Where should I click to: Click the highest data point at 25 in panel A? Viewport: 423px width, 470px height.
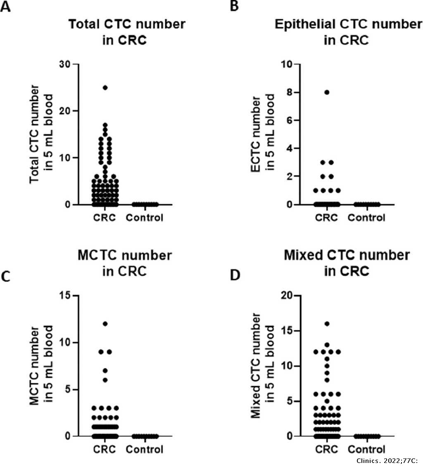click(x=105, y=88)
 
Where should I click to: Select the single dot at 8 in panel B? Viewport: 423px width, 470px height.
click(x=327, y=92)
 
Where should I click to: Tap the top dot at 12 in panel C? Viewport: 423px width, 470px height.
click(x=105, y=324)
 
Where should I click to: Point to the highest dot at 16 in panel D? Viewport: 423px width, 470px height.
click(x=327, y=324)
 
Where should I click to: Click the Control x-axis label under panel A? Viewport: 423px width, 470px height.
click(x=145, y=217)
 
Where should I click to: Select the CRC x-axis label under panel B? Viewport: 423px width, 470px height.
click(x=327, y=217)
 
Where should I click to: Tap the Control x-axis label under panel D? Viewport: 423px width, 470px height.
click(x=366, y=449)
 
